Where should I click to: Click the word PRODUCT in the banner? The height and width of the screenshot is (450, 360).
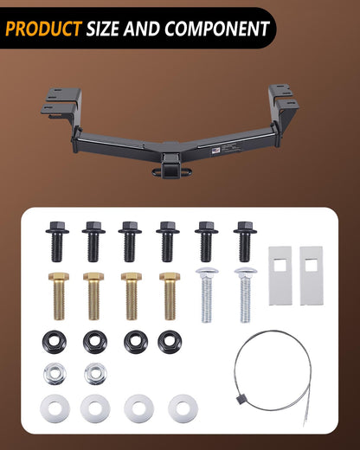43,29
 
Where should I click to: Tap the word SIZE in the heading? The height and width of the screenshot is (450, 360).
103,29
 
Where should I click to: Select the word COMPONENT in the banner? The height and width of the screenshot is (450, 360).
217,29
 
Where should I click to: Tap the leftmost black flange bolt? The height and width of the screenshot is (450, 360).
57,241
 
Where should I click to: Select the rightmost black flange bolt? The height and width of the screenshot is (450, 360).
245,241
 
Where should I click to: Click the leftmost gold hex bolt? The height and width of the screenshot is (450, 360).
59,296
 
